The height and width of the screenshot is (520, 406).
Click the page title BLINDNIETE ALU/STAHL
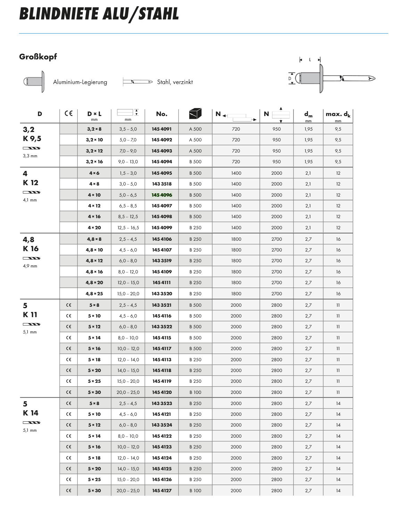pos(99,14)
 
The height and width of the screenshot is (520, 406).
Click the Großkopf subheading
pos(38,57)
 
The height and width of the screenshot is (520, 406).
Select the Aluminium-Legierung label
pos(80,82)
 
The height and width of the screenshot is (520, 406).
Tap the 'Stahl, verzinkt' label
pos(175,82)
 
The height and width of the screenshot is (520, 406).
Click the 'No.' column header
pos(161,114)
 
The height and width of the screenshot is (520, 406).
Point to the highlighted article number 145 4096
pos(161,195)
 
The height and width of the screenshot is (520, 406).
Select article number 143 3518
pos(161,184)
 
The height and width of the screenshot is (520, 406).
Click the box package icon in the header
pos(195,114)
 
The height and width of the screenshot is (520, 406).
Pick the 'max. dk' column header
pos(338,114)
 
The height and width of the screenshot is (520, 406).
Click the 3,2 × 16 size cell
pos(94,162)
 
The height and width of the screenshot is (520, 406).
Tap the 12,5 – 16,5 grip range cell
pos(128,228)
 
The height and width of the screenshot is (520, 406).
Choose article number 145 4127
pos(161,491)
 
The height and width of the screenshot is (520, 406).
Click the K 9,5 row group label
pos(32,139)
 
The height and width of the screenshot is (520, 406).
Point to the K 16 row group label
pos(31,249)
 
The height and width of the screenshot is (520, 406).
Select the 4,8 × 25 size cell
pos(94,294)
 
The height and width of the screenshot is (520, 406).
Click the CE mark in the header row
pos(68,114)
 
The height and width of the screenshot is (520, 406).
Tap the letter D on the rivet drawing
pos(290,79)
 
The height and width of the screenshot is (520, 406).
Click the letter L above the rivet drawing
pos(310,60)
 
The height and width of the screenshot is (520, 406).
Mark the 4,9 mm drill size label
pos(30,266)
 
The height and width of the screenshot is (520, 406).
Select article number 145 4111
pos(161,283)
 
